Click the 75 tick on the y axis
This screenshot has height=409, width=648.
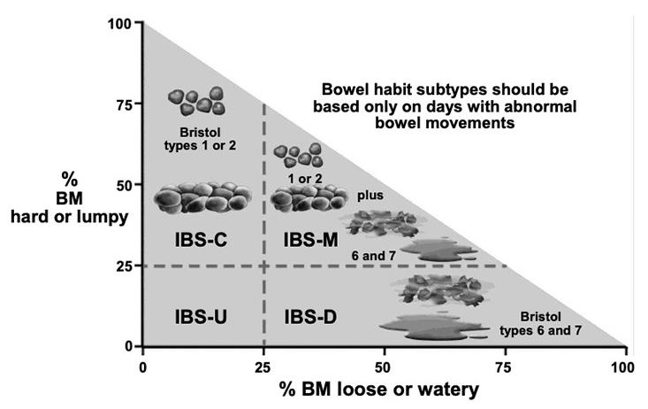click(x=125, y=104)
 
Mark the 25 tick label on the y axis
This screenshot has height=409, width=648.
click(x=125, y=266)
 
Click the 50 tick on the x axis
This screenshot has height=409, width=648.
click(x=384, y=365)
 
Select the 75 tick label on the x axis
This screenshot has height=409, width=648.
click(x=505, y=365)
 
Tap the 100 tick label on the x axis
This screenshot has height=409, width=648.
click(x=625, y=365)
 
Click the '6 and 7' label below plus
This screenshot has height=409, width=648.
click(x=384, y=258)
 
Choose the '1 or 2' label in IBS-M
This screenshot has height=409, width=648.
click(x=302, y=178)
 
